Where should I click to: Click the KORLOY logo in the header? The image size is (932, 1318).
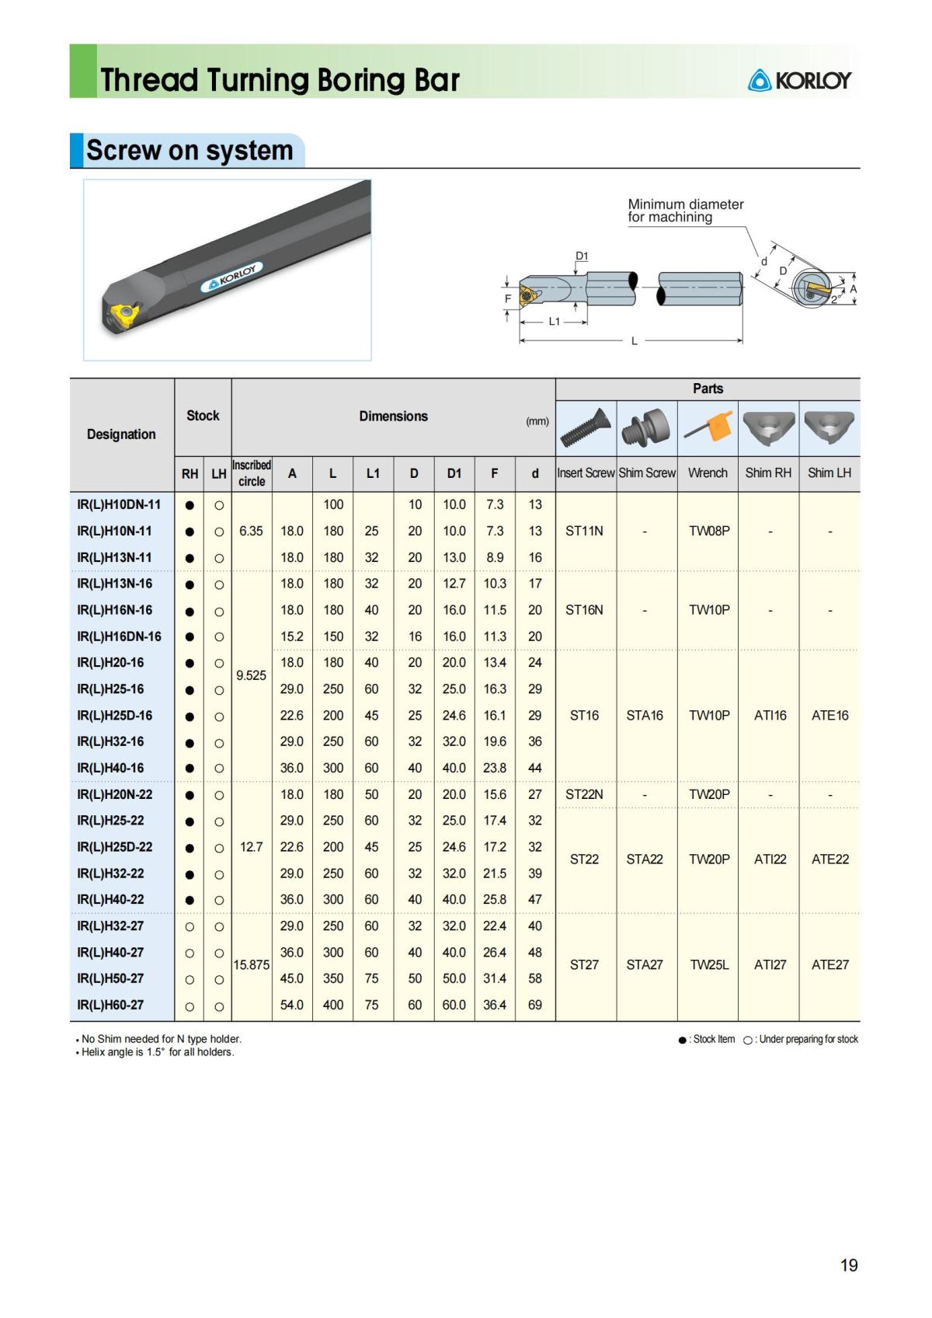pos(799,80)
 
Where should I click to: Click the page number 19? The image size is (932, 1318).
pos(848,1265)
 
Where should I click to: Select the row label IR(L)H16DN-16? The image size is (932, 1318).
pos(120,636)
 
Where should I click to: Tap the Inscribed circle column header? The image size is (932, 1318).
pos(252,473)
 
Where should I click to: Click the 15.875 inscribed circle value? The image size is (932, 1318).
pos(252,964)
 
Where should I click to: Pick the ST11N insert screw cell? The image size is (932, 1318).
pos(584,531)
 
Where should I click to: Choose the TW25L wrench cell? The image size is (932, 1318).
pos(708,964)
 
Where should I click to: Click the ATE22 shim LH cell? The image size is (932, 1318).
pos(829,859)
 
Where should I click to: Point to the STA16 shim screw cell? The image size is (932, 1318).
pos(645,715)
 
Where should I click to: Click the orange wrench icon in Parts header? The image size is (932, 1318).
pos(708,427)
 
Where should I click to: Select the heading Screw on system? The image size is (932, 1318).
pos(190,150)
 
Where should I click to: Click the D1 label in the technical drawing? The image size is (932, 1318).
pos(582,256)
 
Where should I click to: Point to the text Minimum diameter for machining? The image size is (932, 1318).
pos(685,211)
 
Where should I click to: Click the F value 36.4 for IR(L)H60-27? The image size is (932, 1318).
pos(495,1005)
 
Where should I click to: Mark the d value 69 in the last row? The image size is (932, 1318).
pos(535,1005)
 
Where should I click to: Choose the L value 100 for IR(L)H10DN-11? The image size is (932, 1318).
pos(333,504)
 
